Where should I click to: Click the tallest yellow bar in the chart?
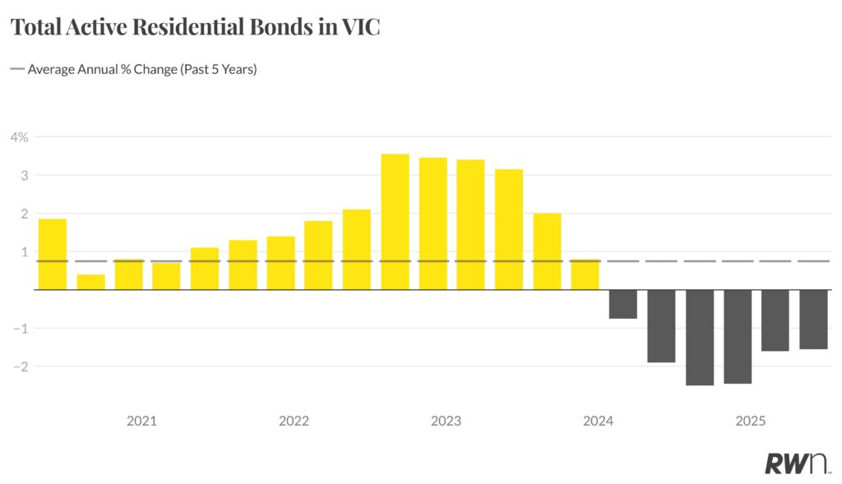pos(395,222)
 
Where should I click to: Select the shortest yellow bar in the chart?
pos(90,282)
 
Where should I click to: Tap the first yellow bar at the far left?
pos(53,254)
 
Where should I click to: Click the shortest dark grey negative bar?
pos(623,304)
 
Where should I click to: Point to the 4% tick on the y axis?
pos(19,137)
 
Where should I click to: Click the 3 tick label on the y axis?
pos(25,175)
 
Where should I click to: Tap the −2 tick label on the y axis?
pos(20,366)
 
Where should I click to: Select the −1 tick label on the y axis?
pos(20,329)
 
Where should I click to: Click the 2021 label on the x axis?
pos(141,422)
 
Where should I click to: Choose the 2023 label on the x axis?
pos(446,422)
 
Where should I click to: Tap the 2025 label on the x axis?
pos(751,422)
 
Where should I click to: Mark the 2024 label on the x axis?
pos(598,422)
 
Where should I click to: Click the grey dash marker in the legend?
pos(16,70)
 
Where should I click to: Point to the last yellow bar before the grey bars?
pos(585,274)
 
